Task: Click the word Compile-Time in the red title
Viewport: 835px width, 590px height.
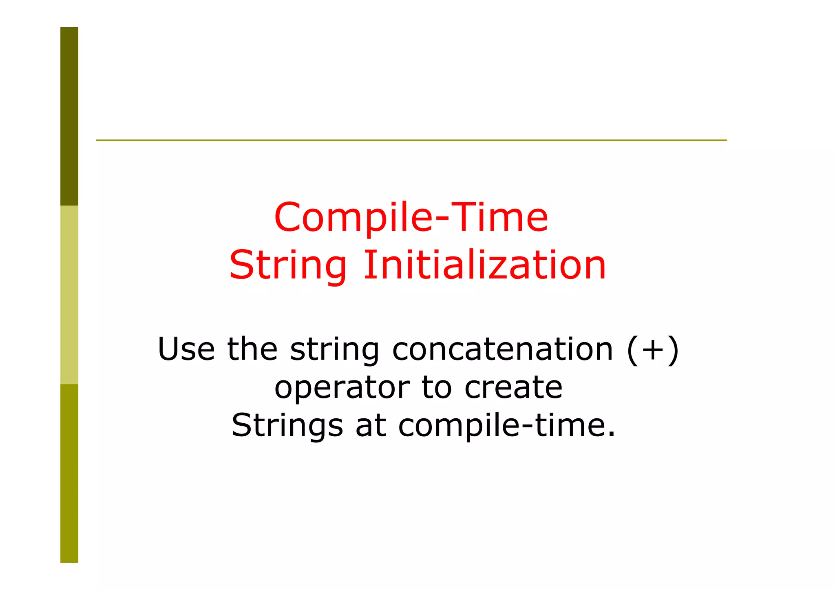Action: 411,217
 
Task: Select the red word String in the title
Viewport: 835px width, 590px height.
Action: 287,266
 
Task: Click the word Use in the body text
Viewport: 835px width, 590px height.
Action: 186,349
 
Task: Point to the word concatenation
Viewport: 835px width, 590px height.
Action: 502,349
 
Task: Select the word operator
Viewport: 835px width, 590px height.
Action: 342,389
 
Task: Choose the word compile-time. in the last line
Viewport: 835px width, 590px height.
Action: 506,426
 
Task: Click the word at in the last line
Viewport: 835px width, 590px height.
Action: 371,426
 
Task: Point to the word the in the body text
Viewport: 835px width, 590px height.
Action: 252,349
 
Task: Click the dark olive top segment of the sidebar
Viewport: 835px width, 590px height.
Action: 69,116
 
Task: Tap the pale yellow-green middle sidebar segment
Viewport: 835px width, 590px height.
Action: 69,294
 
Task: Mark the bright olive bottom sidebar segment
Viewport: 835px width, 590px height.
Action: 69,473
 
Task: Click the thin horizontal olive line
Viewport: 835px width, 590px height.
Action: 411,140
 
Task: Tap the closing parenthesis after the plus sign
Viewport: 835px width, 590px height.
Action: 673,350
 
